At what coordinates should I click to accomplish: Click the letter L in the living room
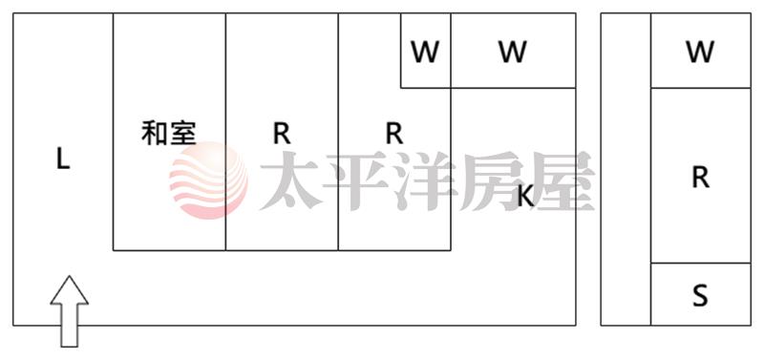click(63, 159)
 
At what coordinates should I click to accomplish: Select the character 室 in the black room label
click(183, 133)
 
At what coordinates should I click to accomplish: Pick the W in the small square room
click(425, 53)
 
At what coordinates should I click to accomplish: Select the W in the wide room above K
click(513, 53)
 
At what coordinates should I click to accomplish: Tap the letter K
click(525, 197)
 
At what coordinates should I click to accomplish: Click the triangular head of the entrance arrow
click(69, 290)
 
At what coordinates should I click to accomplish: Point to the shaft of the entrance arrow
click(69, 326)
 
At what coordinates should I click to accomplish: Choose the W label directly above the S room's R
click(700, 53)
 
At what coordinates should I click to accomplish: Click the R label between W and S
click(700, 178)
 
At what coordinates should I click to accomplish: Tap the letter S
click(700, 296)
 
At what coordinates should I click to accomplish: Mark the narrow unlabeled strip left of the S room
click(626, 170)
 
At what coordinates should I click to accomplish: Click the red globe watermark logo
click(208, 180)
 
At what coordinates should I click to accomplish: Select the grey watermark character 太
click(290, 180)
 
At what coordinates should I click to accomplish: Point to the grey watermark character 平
click(357, 180)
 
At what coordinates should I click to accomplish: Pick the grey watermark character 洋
click(425, 180)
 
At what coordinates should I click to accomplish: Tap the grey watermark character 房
click(492, 180)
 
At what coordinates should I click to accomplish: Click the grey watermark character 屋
click(561, 180)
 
